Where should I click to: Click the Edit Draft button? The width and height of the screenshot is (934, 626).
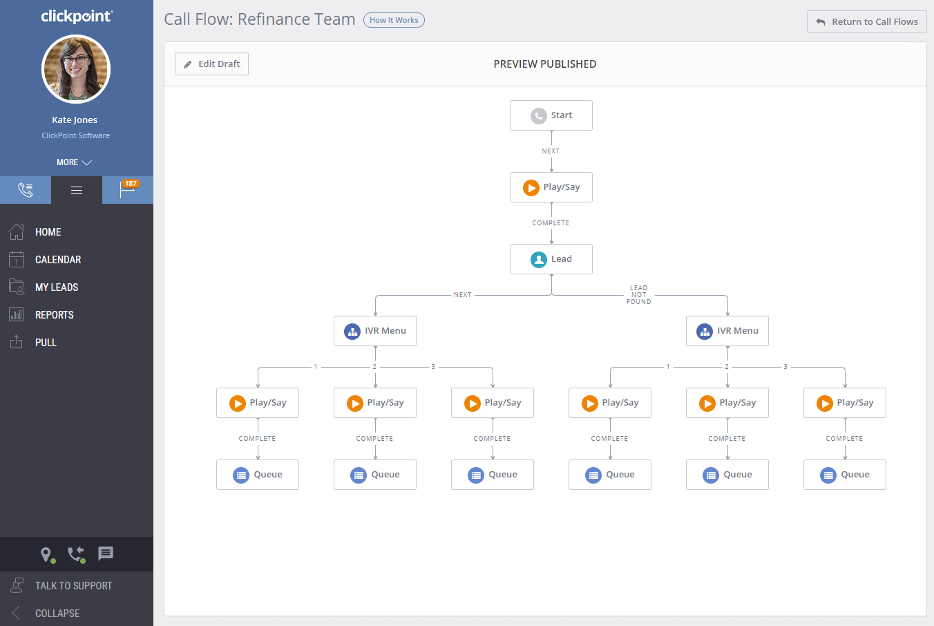pyautogui.click(x=211, y=64)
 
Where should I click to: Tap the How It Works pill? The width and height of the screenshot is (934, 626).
pyautogui.click(x=394, y=20)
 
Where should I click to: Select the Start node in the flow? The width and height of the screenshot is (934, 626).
pyautogui.click(x=551, y=115)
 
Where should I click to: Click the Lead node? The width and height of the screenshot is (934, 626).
pyautogui.click(x=551, y=259)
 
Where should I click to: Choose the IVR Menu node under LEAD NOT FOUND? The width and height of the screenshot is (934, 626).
pyautogui.click(x=727, y=331)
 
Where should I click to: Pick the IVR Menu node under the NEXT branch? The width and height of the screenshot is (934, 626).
pyautogui.click(x=375, y=331)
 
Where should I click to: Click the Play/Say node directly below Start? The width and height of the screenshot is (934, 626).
pyautogui.click(x=551, y=187)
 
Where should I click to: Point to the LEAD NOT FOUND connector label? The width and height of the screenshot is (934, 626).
pyautogui.click(x=638, y=295)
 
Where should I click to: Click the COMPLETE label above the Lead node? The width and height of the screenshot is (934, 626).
pyautogui.click(x=551, y=223)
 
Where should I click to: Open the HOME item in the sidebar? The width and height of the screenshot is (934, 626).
pyautogui.click(x=48, y=232)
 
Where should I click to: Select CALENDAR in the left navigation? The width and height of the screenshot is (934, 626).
pyautogui.click(x=58, y=260)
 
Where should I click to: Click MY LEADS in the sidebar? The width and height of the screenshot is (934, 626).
pyautogui.click(x=57, y=287)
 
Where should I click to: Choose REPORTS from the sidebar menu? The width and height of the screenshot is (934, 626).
pyautogui.click(x=55, y=315)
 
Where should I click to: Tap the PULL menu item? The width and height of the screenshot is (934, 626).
pyautogui.click(x=46, y=343)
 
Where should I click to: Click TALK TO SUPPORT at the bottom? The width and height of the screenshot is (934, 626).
pyautogui.click(x=73, y=586)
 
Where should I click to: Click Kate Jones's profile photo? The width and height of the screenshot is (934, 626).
pyautogui.click(x=76, y=70)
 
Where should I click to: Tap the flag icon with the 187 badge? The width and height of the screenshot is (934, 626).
pyautogui.click(x=128, y=189)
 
